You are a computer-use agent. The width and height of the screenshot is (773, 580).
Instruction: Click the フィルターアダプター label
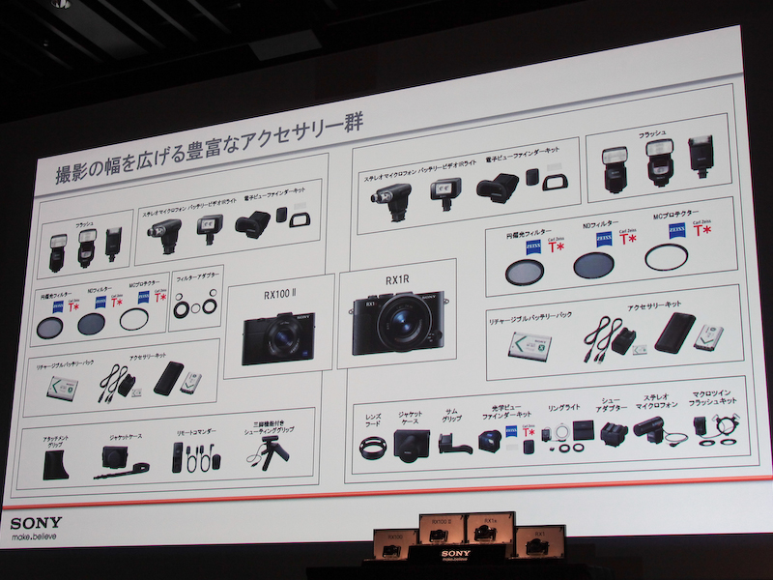[x=195, y=279]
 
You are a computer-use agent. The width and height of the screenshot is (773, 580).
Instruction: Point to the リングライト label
[x=562, y=408]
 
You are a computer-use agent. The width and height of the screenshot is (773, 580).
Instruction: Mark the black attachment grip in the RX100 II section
[x=55, y=466]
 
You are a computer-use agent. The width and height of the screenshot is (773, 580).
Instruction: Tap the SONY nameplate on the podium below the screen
[x=455, y=554]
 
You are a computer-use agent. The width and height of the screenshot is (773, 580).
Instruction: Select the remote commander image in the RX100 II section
[x=178, y=458]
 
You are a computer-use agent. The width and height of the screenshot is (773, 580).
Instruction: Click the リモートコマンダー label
[x=191, y=434]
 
